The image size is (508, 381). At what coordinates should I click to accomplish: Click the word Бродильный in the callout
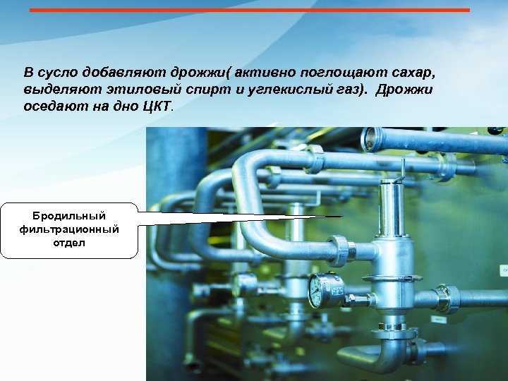(69, 215)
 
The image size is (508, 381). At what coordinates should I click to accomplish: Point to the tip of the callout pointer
(341, 217)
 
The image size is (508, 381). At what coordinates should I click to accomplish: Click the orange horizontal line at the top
(250, 10)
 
